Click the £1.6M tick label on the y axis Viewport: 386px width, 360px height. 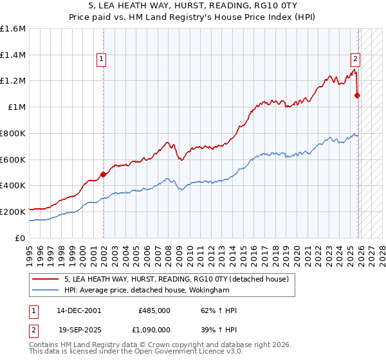[x=13, y=29]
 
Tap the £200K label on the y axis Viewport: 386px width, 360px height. [x=13, y=212]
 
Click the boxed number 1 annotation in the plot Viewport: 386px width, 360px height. [x=102, y=60]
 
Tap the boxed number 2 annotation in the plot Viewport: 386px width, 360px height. [x=354, y=60]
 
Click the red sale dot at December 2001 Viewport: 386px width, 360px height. [x=103, y=174]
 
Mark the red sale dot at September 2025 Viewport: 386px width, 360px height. [x=358, y=96]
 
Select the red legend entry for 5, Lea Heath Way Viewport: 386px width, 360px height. [x=179, y=279]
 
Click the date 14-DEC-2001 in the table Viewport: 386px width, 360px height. [x=78, y=310]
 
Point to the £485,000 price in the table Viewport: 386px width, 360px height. [x=154, y=310]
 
